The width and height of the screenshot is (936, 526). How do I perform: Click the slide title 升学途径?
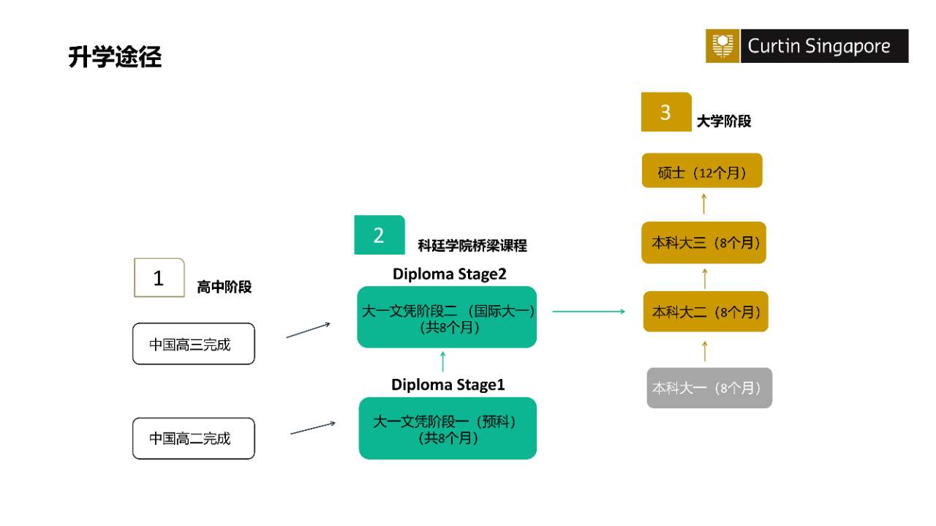(x=115, y=57)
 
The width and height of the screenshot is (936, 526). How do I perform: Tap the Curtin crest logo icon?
(x=722, y=46)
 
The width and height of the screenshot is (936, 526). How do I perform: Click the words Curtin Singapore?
(x=819, y=47)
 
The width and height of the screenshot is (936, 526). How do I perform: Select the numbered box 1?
(x=159, y=278)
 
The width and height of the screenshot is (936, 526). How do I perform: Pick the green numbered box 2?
(x=379, y=235)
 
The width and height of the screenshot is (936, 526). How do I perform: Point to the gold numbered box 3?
(x=665, y=112)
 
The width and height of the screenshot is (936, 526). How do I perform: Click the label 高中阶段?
(x=224, y=288)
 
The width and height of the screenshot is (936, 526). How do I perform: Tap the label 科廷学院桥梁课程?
(x=472, y=246)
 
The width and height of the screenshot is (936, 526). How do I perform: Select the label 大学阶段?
(x=723, y=121)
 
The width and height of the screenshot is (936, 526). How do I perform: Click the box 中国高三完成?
(x=193, y=344)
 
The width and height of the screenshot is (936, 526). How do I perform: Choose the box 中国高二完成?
(x=193, y=438)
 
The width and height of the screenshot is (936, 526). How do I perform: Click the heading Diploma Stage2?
(x=449, y=274)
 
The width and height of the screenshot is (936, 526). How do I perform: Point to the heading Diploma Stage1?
(x=448, y=385)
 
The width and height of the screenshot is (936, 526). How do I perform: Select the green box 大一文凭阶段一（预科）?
(x=448, y=429)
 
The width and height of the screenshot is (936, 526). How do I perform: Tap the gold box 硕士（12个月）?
(x=701, y=171)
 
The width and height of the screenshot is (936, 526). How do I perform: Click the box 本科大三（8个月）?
(x=703, y=243)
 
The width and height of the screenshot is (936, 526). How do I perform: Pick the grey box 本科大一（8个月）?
(x=709, y=388)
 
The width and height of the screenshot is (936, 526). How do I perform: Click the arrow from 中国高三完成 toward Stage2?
(x=308, y=330)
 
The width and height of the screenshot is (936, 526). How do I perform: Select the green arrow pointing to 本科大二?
(x=589, y=312)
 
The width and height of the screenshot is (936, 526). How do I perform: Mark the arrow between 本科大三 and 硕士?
(x=703, y=204)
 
